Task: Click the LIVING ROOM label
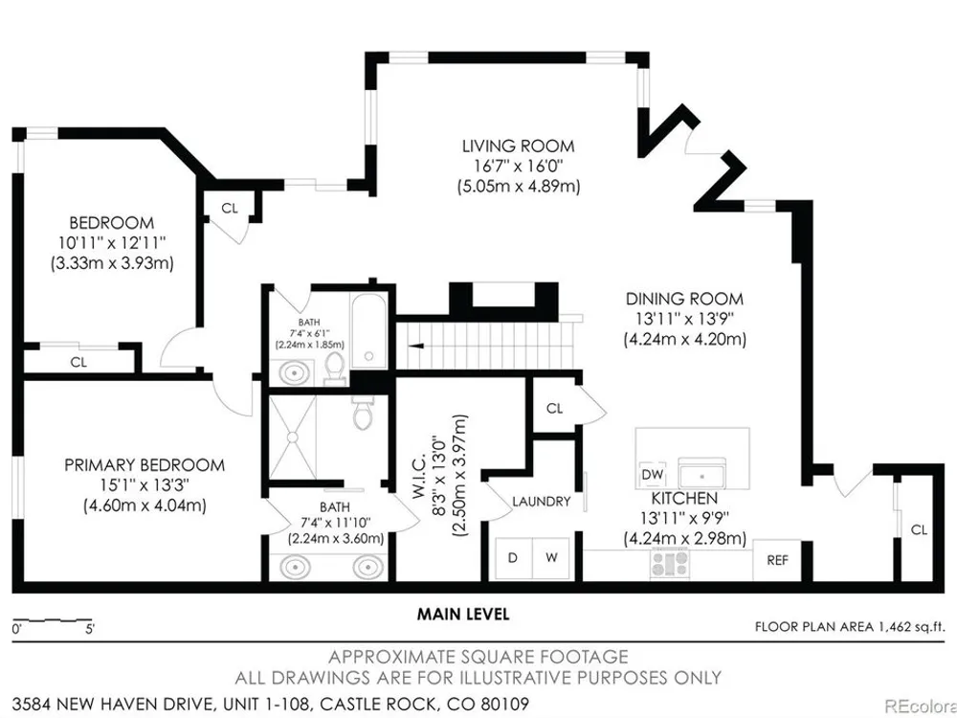(x=518, y=146)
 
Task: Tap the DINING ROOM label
(x=684, y=299)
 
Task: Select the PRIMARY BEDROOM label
(x=145, y=465)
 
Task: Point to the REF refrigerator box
(x=777, y=560)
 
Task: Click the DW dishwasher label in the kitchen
(x=653, y=475)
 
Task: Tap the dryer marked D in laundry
(x=513, y=558)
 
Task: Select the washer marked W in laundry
(x=552, y=558)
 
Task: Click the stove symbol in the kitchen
(x=670, y=563)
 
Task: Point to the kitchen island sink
(x=702, y=473)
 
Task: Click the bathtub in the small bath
(x=368, y=330)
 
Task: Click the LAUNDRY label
(x=542, y=502)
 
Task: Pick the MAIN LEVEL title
(x=462, y=614)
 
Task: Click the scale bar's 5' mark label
(x=90, y=629)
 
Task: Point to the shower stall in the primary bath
(x=293, y=438)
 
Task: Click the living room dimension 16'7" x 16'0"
(x=518, y=166)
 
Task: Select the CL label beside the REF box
(x=919, y=530)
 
